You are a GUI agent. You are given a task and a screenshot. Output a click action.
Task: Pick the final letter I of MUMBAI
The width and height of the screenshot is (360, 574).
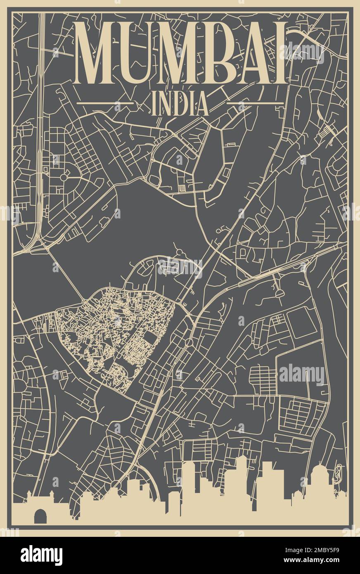pyautogui.click(x=281, y=54)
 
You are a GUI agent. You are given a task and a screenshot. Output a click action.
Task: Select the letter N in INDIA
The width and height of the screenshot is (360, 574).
pyautogui.click(x=165, y=104)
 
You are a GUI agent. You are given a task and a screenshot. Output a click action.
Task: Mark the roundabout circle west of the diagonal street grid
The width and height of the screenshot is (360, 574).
pyautogui.click(x=64, y=177)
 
